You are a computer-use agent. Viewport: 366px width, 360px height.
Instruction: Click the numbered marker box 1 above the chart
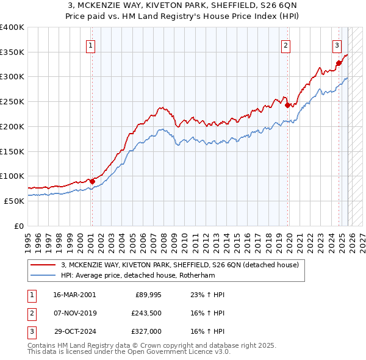[x=90, y=45]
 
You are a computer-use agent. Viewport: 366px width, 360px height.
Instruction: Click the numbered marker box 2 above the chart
[x=285, y=45]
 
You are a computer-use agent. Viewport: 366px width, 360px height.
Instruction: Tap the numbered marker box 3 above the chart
[x=337, y=45]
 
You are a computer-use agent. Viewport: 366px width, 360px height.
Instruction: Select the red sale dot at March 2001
[x=92, y=181]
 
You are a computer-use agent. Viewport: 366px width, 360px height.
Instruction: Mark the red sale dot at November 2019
[x=287, y=104]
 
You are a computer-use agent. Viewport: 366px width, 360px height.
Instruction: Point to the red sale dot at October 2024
[x=339, y=62]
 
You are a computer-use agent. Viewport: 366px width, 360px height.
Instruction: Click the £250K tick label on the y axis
[x=12, y=102]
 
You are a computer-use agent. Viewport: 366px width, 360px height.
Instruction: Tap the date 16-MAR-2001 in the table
[x=74, y=295]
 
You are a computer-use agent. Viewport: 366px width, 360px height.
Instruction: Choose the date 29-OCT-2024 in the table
[x=74, y=333]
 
